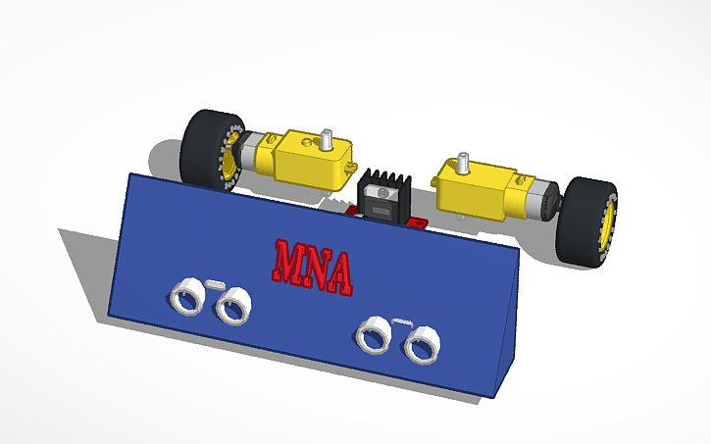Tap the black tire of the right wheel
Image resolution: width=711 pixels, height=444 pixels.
[x=579, y=221]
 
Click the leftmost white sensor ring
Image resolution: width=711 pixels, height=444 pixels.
[x=183, y=296]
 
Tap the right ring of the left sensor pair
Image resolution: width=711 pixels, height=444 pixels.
[x=232, y=308]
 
